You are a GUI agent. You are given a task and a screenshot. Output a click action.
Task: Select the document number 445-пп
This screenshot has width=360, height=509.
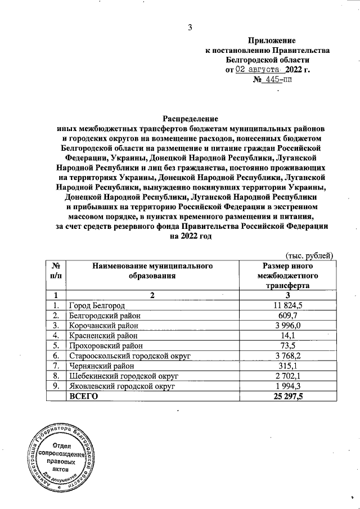click(274, 80)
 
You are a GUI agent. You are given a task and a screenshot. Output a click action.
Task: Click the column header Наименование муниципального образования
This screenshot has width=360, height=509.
click(148, 270)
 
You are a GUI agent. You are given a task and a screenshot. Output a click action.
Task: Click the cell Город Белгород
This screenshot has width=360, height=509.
click(96, 305)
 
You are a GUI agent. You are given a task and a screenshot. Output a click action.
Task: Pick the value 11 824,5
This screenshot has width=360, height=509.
click(287, 305)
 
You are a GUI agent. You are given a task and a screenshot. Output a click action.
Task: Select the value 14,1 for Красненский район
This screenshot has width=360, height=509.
click(287, 335)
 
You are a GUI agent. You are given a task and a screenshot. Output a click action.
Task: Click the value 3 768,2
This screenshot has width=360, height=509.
click(287, 355)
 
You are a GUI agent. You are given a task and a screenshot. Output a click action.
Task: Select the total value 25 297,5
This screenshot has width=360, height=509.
click(287, 397)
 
